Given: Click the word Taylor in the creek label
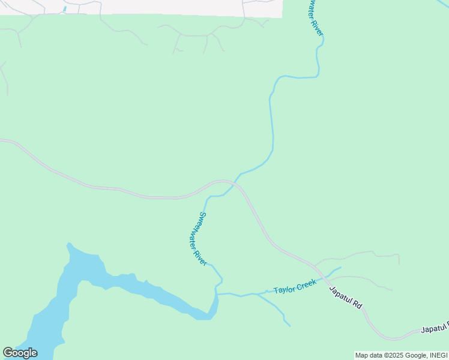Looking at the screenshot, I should point(284,290).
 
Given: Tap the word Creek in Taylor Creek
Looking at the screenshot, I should point(306,284).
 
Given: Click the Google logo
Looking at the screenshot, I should point(20,353).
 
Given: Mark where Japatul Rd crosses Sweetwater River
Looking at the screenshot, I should point(237,182).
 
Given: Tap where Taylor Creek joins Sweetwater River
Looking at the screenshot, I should point(218,294).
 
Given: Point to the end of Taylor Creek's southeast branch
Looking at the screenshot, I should point(290,326).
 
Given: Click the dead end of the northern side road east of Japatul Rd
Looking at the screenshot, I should point(399,263).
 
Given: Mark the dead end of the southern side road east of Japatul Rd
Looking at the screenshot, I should point(392,290).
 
